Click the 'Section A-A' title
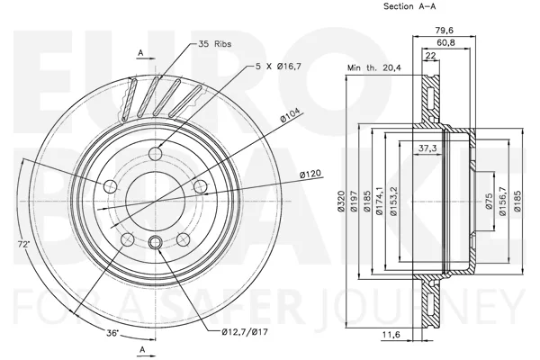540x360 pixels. point(409,6)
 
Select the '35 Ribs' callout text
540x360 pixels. point(214,44)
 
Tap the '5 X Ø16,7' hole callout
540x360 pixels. point(279,66)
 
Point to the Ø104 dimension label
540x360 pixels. point(290,115)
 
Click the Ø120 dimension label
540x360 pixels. point(310,174)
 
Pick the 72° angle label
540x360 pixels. point(23,244)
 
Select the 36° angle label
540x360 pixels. point(112,333)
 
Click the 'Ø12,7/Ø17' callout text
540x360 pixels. point(245,332)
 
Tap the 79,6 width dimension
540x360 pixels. point(445,31)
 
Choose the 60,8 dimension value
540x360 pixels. point(445,42)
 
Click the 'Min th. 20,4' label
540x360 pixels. point(374,67)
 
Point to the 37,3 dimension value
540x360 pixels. point(427,148)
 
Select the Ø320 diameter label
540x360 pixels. point(341,202)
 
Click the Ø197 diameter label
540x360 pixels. point(354,202)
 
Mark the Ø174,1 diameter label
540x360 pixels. point(380,202)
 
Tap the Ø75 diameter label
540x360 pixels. point(489,202)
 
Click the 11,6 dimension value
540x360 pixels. point(391,334)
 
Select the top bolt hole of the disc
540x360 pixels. point(156,153)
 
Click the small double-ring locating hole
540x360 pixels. point(155,242)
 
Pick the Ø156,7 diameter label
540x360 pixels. point(502,202)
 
